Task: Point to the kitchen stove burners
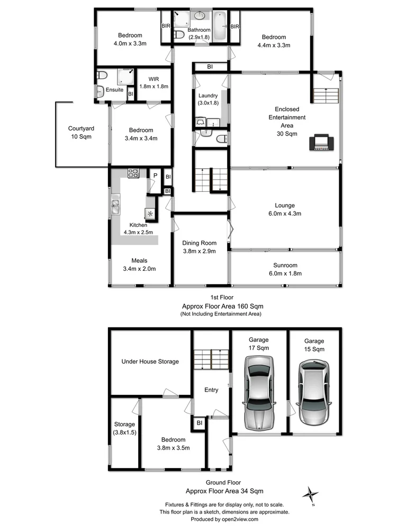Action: [x=133, y=173]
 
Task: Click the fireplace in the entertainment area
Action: [x=322, y=143]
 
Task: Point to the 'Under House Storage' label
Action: [x=150, y=361]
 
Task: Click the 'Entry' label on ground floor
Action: [x=211, y=390]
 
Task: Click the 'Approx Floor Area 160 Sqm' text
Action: [x=222, y=306]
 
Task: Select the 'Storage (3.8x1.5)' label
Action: [x=125, y=428]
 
